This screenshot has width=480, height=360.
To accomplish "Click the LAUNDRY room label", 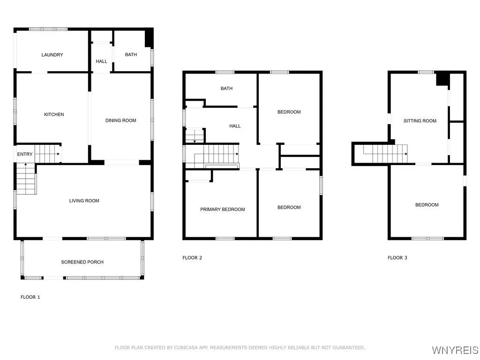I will [52, 55].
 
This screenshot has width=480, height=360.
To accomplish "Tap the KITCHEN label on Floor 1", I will [54, 114].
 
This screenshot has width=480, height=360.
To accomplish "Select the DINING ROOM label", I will [120, 120].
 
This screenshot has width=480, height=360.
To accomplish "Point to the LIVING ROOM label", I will [84, 201].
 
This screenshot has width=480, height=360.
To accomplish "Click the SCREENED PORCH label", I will [82, 262].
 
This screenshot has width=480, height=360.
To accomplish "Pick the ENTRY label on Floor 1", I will [25, 154].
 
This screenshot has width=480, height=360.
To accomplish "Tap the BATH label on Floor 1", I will [131, 55].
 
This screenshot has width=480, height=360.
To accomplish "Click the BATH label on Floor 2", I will [226, 89].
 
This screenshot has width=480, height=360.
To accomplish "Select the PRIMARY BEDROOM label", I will [222, 210].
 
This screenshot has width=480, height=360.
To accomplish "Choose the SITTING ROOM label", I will [420, 121].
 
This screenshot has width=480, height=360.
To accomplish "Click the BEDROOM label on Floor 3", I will [427, 205].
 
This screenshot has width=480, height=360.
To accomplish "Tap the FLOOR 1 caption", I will [30, 297].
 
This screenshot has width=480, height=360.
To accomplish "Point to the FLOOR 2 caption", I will [192, 258].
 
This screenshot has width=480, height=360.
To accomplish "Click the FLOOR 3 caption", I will [397, 258].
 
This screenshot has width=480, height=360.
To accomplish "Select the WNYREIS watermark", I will [455, 350].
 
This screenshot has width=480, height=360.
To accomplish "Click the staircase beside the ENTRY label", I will [48, 153].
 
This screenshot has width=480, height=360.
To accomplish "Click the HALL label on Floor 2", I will [235, 126].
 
